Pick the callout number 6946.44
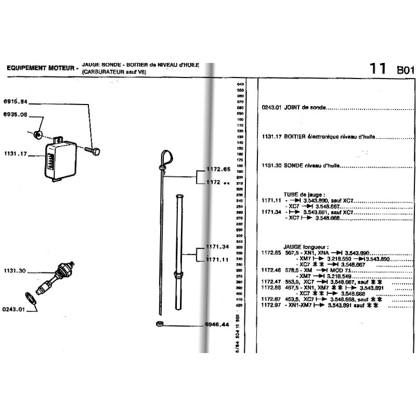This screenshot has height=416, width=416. [x=217, y=324]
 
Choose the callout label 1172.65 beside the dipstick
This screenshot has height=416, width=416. [x=218, y=170]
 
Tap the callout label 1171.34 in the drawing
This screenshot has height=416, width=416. [x=218, y=246]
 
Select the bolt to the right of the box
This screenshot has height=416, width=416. [x=92, y=151]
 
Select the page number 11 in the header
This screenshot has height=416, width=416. [x=378, y=69]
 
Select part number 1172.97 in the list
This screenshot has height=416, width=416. [x=271, y=306]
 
